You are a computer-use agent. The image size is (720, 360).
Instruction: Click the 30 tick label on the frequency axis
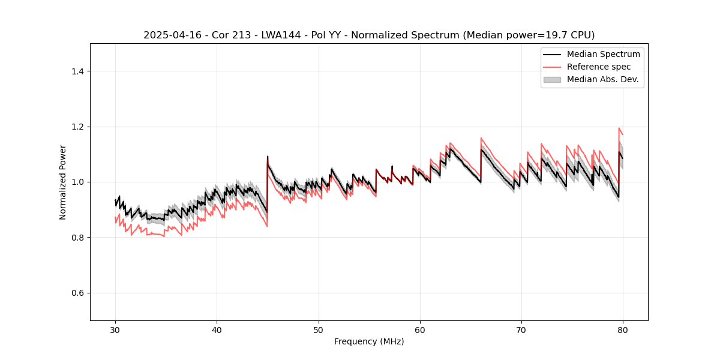click(x=115, y=329)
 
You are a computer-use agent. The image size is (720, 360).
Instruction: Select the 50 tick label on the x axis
click(x=319, y=329)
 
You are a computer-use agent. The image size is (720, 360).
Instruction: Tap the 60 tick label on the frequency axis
click(x=420, y=329)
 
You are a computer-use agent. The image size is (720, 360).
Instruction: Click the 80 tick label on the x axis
click(x=623, y=329)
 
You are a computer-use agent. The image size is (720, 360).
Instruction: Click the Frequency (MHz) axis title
click(x=369, y=341)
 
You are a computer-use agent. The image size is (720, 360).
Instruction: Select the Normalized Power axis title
click(x=63, y=182)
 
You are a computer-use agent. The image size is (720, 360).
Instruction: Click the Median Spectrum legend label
click(x=603, y=54)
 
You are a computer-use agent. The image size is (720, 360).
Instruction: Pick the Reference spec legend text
click(x=598, y=67)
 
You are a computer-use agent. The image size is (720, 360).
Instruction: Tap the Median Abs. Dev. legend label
click(x=602, y=79)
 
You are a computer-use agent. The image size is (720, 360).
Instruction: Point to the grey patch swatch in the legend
click(x=552, y=79)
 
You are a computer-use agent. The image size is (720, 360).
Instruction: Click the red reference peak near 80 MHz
click(x=619, y=128)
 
